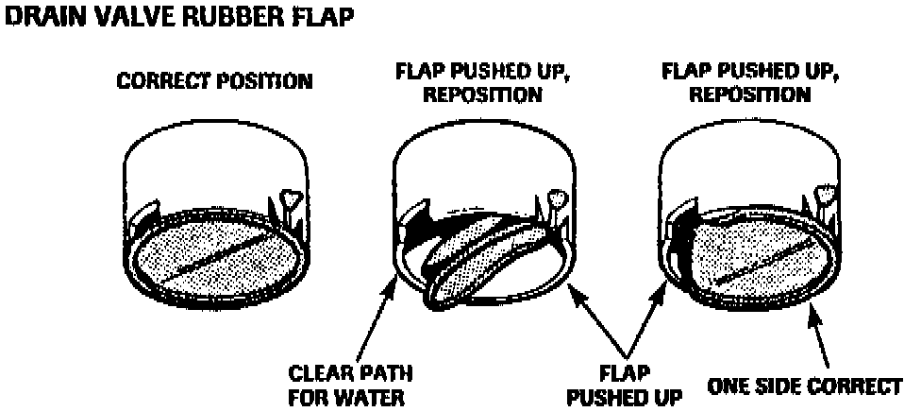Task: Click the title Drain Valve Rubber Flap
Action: (x=179, y=20)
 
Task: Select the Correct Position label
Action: (x=214, y=81)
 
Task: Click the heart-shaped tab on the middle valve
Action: (x=558, y=198)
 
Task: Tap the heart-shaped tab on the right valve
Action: (x=827, y=195)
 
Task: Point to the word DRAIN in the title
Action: (x=39, y=20)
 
